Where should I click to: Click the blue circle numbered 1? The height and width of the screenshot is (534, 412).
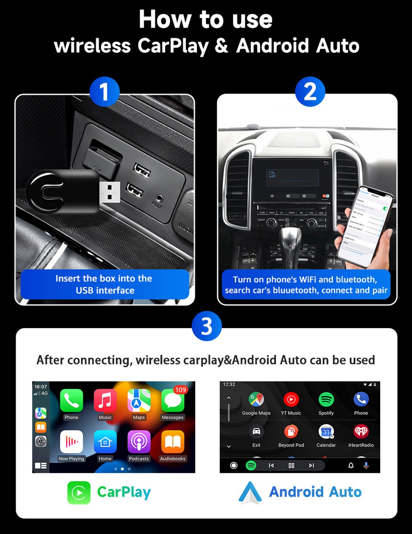[104, 92]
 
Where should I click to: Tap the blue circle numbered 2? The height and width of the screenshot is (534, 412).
[310, 92]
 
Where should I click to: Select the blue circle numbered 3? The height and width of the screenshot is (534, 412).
[206, 326]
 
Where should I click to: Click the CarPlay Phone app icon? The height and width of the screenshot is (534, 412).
[71, 401]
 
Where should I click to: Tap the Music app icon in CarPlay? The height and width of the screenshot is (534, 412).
[105, 401]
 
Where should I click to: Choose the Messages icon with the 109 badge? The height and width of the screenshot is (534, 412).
[173, 401]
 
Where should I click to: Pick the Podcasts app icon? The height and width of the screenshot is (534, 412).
[139, 442]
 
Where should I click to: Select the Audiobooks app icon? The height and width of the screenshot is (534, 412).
[173, 442]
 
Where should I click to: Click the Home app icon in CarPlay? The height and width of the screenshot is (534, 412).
[105, 442]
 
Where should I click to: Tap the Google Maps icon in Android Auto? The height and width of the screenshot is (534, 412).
[256, 399]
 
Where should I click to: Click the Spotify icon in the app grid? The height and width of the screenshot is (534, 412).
[326, 399]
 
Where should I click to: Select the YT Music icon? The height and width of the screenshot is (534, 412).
[291, 399]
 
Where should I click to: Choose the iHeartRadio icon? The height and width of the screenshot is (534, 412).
[361, 431]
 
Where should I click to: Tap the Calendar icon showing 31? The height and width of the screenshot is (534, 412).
[326, 431]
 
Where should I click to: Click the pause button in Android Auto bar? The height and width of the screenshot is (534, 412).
[291, 465]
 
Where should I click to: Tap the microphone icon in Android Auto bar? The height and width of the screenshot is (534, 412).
[366, 465]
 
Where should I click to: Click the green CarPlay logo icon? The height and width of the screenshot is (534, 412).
[79, 492]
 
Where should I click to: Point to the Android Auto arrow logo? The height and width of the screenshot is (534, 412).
[250, 493]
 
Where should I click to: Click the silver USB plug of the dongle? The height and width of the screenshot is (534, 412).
[110, 192]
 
